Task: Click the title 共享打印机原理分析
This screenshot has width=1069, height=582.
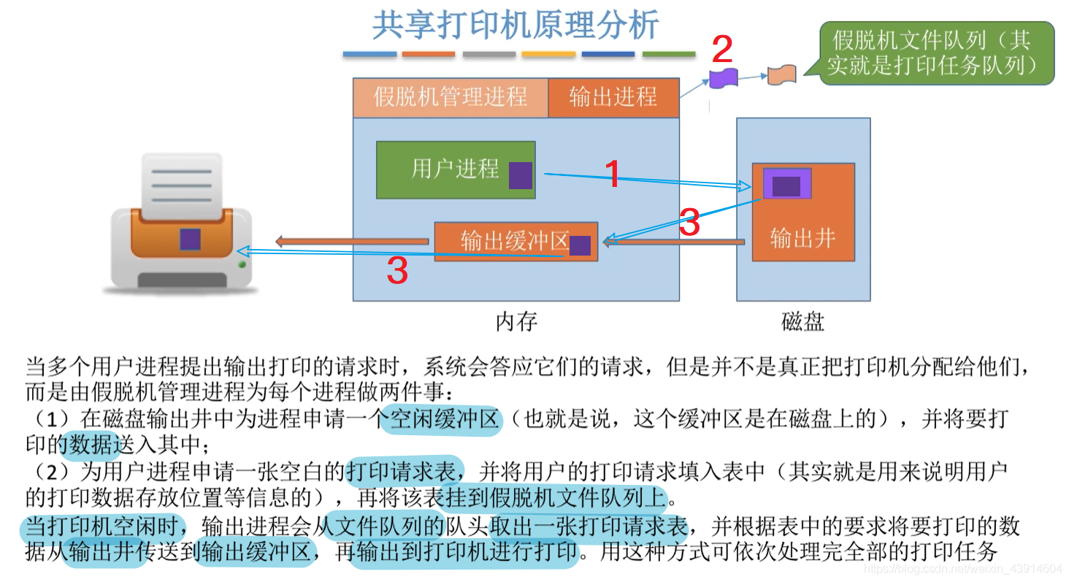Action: point(516,26)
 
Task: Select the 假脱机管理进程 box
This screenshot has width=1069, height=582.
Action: point(450,97)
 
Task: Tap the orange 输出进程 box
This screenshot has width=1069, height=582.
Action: point(613,97)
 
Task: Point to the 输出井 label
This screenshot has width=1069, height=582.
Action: point(802,238)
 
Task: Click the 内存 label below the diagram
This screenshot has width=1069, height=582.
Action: point(516,321)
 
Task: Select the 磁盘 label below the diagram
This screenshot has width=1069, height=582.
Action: point(802,321)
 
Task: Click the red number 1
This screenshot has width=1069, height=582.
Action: point(613,175)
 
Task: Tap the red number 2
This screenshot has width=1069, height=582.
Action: point(721,50)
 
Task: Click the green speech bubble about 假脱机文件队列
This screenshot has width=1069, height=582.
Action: point(936,53)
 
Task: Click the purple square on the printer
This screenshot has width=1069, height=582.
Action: point(190,239)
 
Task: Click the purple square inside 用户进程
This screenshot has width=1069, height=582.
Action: point(521,175)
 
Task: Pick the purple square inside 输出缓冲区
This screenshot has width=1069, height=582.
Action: point(580,245)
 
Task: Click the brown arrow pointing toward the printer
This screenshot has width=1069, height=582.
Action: point(350,242)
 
